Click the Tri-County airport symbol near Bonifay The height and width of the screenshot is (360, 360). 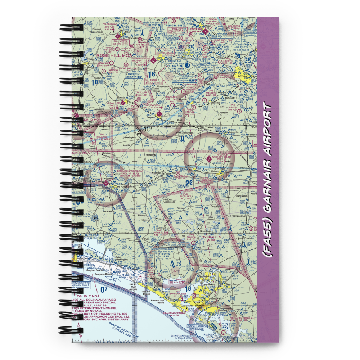pyautogui.click(x=209, y=158)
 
